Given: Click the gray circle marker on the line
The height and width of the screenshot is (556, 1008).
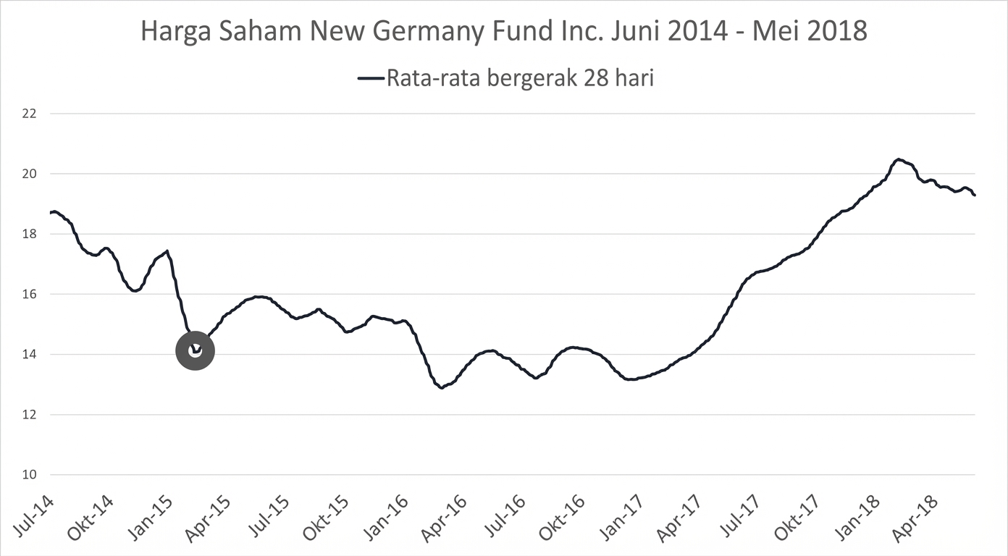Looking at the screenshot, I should coord(196,351).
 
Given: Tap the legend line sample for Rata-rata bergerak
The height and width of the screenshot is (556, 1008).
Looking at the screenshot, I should coord(371,78).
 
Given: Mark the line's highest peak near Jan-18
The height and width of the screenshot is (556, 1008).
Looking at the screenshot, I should coord(898,159).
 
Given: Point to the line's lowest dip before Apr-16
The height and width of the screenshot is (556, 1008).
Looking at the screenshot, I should coord(441,387).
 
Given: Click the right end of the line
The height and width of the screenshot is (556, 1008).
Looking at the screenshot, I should coord(975,195).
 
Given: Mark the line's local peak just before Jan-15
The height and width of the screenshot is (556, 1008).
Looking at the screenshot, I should coord(167,251).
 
